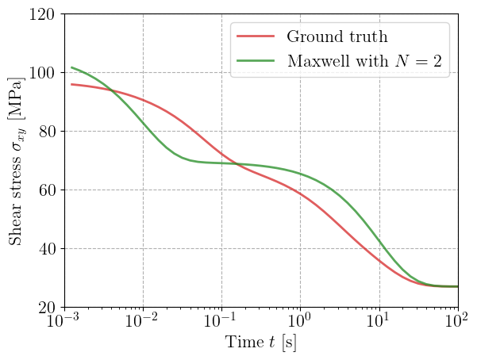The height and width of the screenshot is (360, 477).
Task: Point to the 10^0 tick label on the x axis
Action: (302, 323)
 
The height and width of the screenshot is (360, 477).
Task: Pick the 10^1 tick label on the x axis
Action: (380, 323)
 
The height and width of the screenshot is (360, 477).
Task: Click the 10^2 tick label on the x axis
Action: (459, 323)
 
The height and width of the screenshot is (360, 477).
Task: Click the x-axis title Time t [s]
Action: (261, 343)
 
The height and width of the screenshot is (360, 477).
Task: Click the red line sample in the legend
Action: (256, 36)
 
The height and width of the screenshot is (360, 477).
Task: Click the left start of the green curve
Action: (71, 67)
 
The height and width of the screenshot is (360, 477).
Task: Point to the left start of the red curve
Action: (71, 84)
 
